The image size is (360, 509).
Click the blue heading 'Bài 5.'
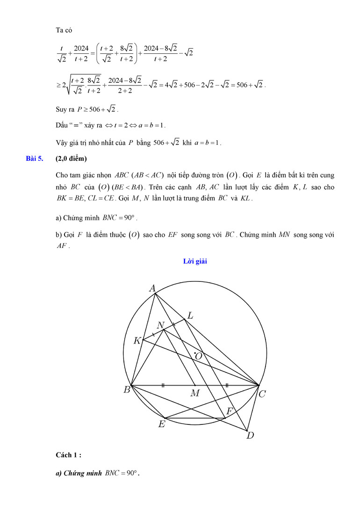click(x=35, y=158)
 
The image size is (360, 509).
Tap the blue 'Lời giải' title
click(x=195, y=261)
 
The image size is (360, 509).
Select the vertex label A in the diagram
click(x=152, y=288)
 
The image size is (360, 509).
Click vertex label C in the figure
click(x=262, y=394)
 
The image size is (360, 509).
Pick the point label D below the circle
click(x=251, y=436)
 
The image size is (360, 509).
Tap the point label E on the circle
click(x=162, y=424)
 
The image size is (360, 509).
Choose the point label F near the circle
click(x=230, y=411)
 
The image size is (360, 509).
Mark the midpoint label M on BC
click(x=195, y=394)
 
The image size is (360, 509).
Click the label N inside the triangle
click(x=160, y=325)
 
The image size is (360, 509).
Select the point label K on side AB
click(x=137, y=341)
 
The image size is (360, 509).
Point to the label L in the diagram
click(x=190, y=315)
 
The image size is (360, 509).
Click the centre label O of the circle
click(x=199, y=356)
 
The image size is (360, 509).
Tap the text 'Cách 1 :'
click(x=68, y=455)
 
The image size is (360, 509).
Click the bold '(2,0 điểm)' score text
click(x=72, y=158)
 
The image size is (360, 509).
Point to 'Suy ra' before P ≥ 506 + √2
click(x=65, y=110)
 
